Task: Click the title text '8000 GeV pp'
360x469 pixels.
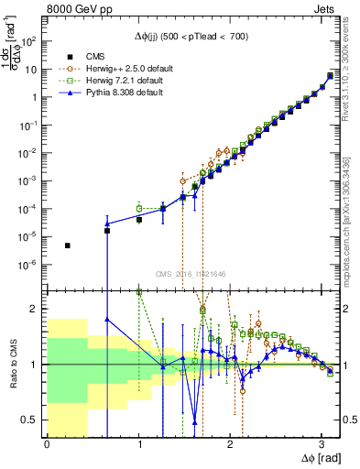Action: (74, 8)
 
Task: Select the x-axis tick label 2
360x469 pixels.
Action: (230, 445)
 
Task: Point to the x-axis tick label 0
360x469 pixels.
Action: (47, 445)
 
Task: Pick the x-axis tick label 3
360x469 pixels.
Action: (322, 445)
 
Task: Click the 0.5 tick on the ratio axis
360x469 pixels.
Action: (34, 420)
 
